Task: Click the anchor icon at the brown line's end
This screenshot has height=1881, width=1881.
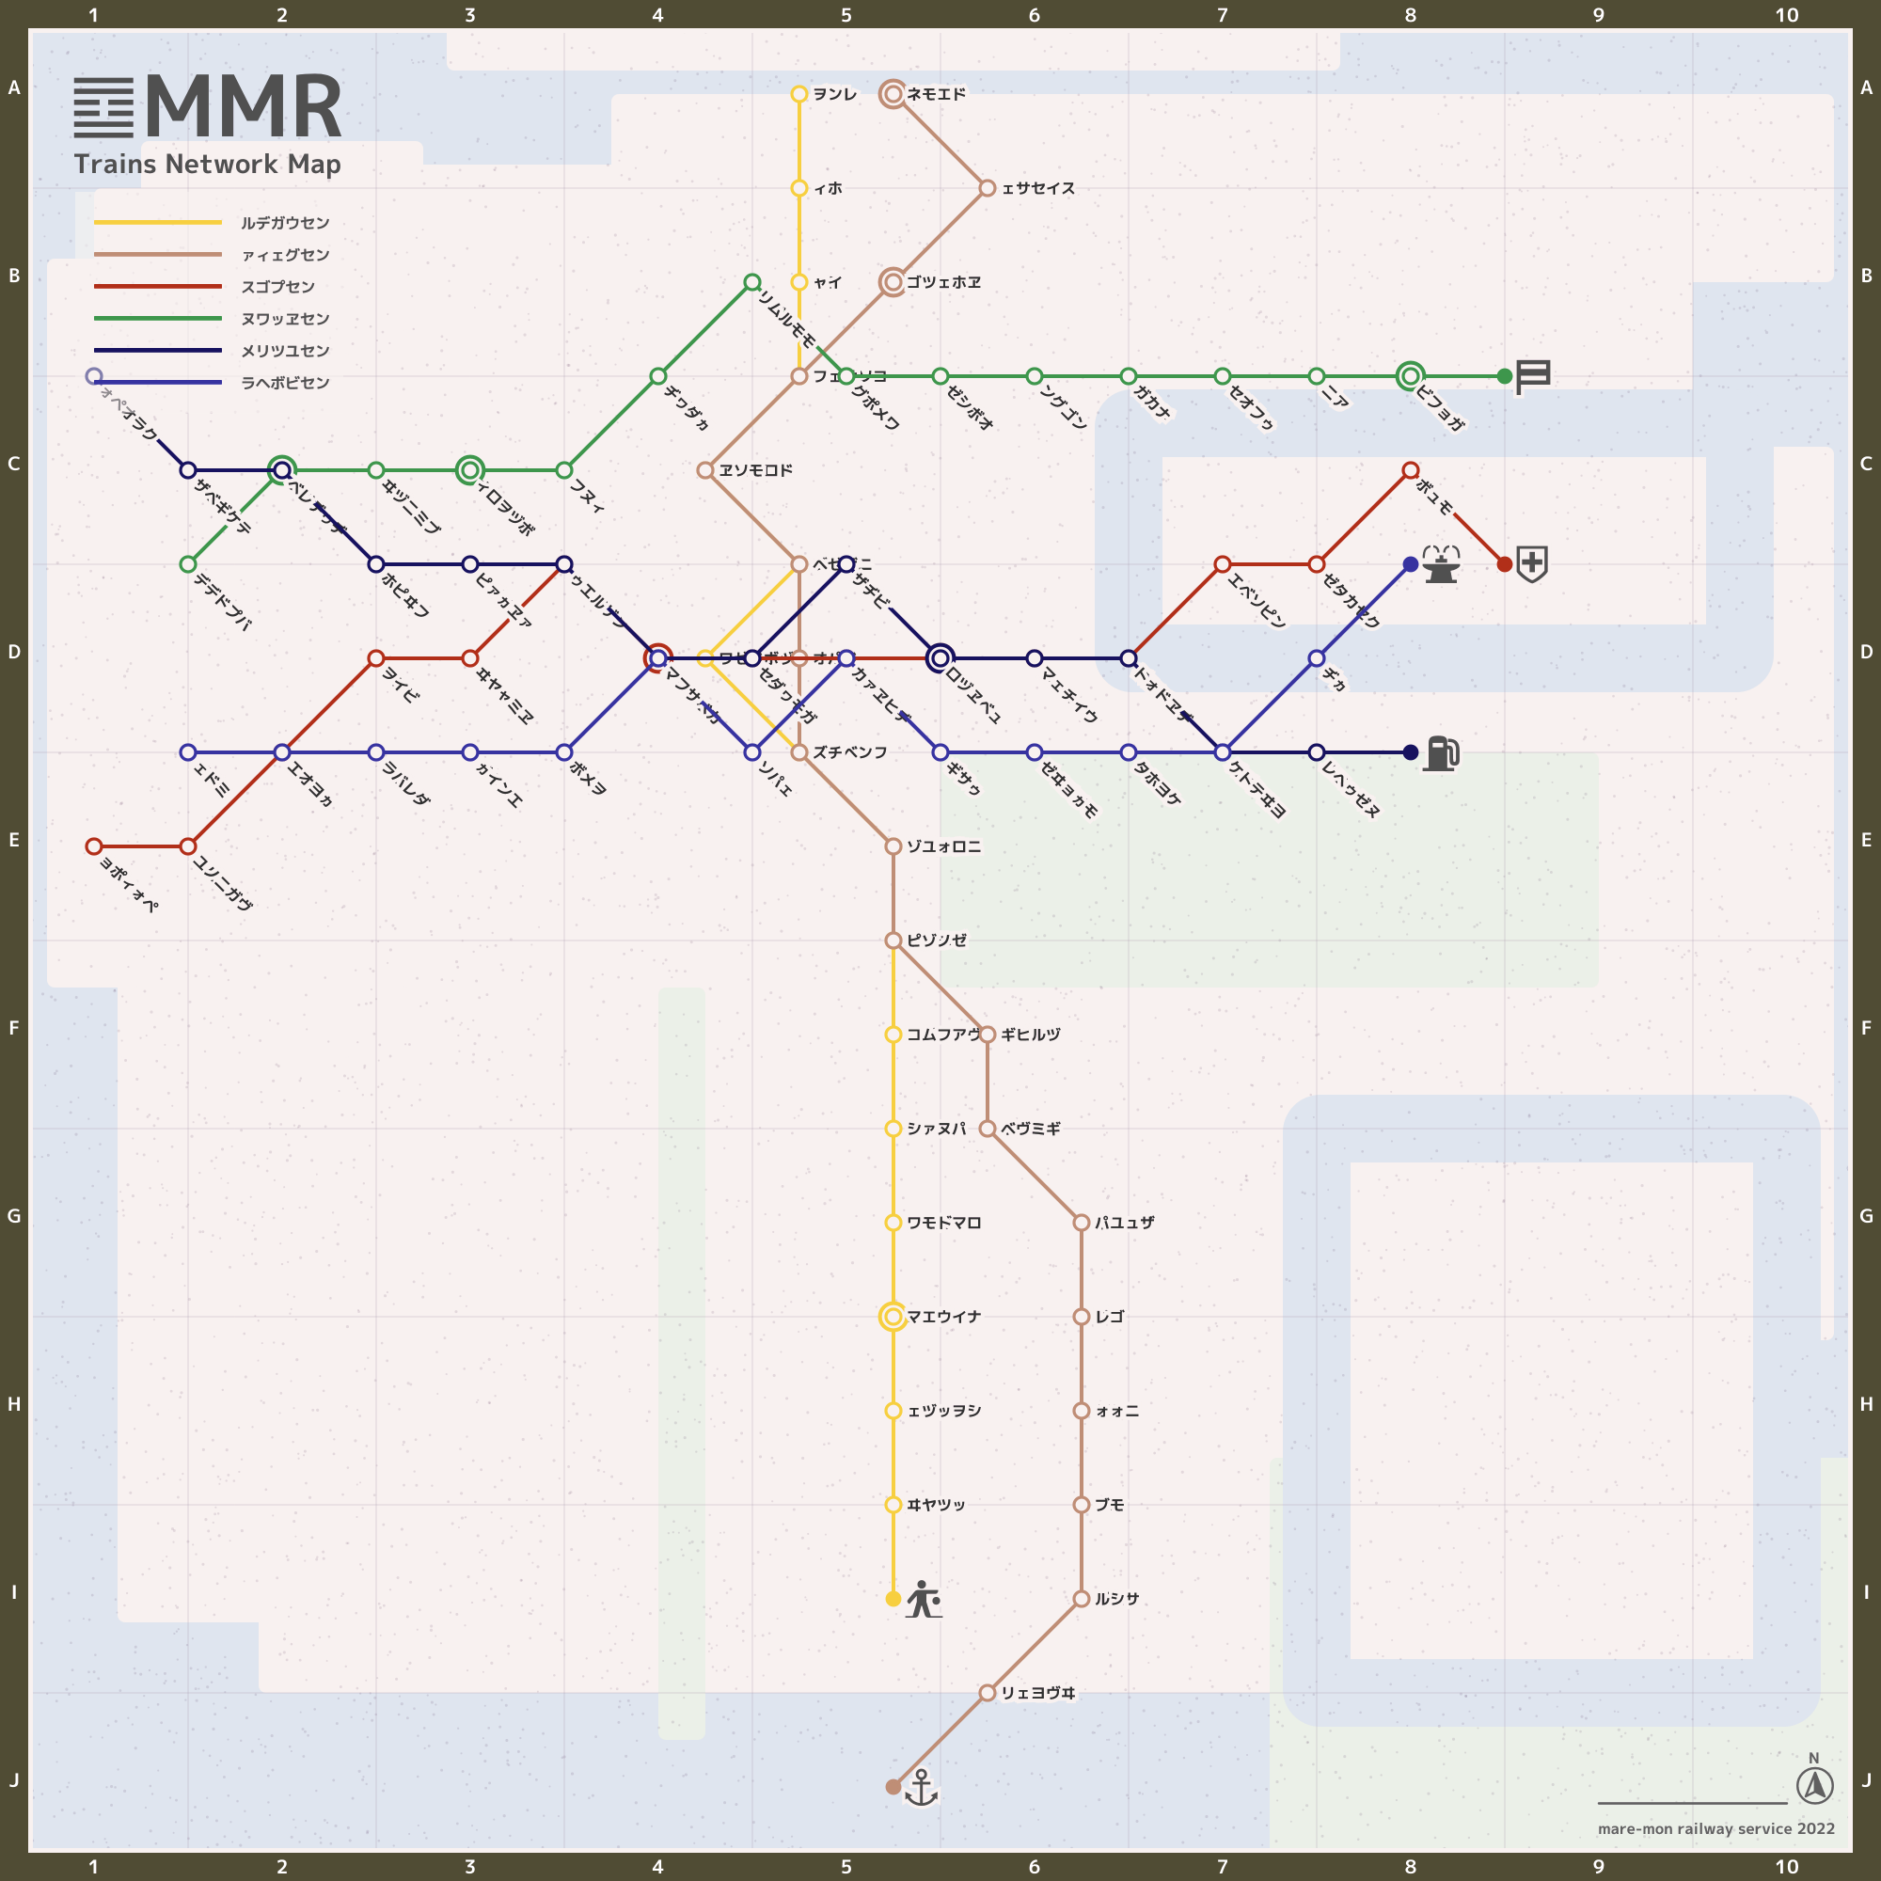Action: click(x=920, y=1788)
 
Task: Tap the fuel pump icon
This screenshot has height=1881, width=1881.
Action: click(x=1441, y=752)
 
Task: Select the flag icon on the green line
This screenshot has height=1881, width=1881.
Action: click(x=1532, y=376)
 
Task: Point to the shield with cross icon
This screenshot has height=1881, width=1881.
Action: click(x=1532, y=563)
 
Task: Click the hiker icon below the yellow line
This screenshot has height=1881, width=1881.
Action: click(x=923, y=1599)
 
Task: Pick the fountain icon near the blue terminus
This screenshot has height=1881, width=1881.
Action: click(x=1441, y=563)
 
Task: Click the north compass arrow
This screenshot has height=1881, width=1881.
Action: click(x=1815, y=1786)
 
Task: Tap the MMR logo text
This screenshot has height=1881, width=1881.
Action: click(x=244, y=107)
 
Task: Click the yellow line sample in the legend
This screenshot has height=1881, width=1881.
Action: click(x=158, y=223)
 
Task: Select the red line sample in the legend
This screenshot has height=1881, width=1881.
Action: click(x=158, y=286)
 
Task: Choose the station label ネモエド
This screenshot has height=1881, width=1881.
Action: click(x=937, y=94)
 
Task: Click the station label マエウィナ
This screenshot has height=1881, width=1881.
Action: click(x=943, y=1317)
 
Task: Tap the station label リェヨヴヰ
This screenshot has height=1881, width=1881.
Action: click(x=1038, y=1693)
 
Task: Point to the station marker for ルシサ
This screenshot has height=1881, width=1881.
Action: click(x=1081, y=1599)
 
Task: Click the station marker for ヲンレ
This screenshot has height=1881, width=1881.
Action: click(x=799, y=94)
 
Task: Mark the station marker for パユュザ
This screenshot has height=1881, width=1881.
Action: click(x=1081, y=1223)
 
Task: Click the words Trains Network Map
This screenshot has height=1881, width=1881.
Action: click(x=207, y=164)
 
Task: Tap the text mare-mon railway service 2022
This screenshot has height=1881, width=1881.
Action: click(x=1715, y=1828)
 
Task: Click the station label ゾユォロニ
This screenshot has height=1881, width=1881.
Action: click(x=943, y=846)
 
